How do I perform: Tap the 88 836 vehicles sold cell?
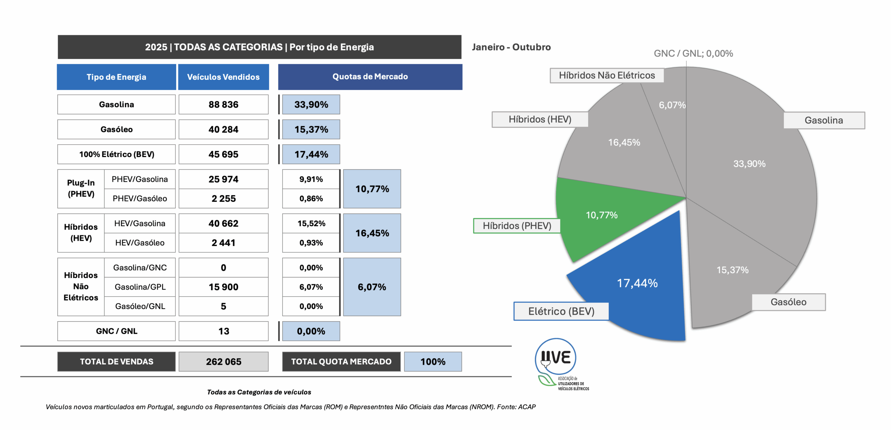(x=223, y=105)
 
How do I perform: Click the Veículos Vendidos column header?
(x=223, y=77)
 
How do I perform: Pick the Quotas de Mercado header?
(x=370, y=77)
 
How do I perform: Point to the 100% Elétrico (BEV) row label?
(x=117, y=154)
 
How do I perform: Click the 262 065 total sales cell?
(x=223, y=362)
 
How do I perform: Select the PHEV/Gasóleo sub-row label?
(x=140, y=199)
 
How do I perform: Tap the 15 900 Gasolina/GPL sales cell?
(x=223, y=287)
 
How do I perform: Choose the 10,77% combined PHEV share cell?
(x=372, y=189)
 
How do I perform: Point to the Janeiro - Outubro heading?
(x=511, y=47)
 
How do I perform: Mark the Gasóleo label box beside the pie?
(x=788, y=302)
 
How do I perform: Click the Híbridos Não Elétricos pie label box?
(x=607, y=75)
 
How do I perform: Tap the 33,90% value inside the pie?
(x=749, y=164)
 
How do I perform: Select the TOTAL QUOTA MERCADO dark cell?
(x=341, y=362)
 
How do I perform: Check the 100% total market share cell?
(x=433, y=362)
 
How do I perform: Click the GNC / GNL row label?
(x=117, y=331)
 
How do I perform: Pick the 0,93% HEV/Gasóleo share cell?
(x=311, y=243)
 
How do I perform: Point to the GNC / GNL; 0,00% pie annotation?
(x=693, y=53)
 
